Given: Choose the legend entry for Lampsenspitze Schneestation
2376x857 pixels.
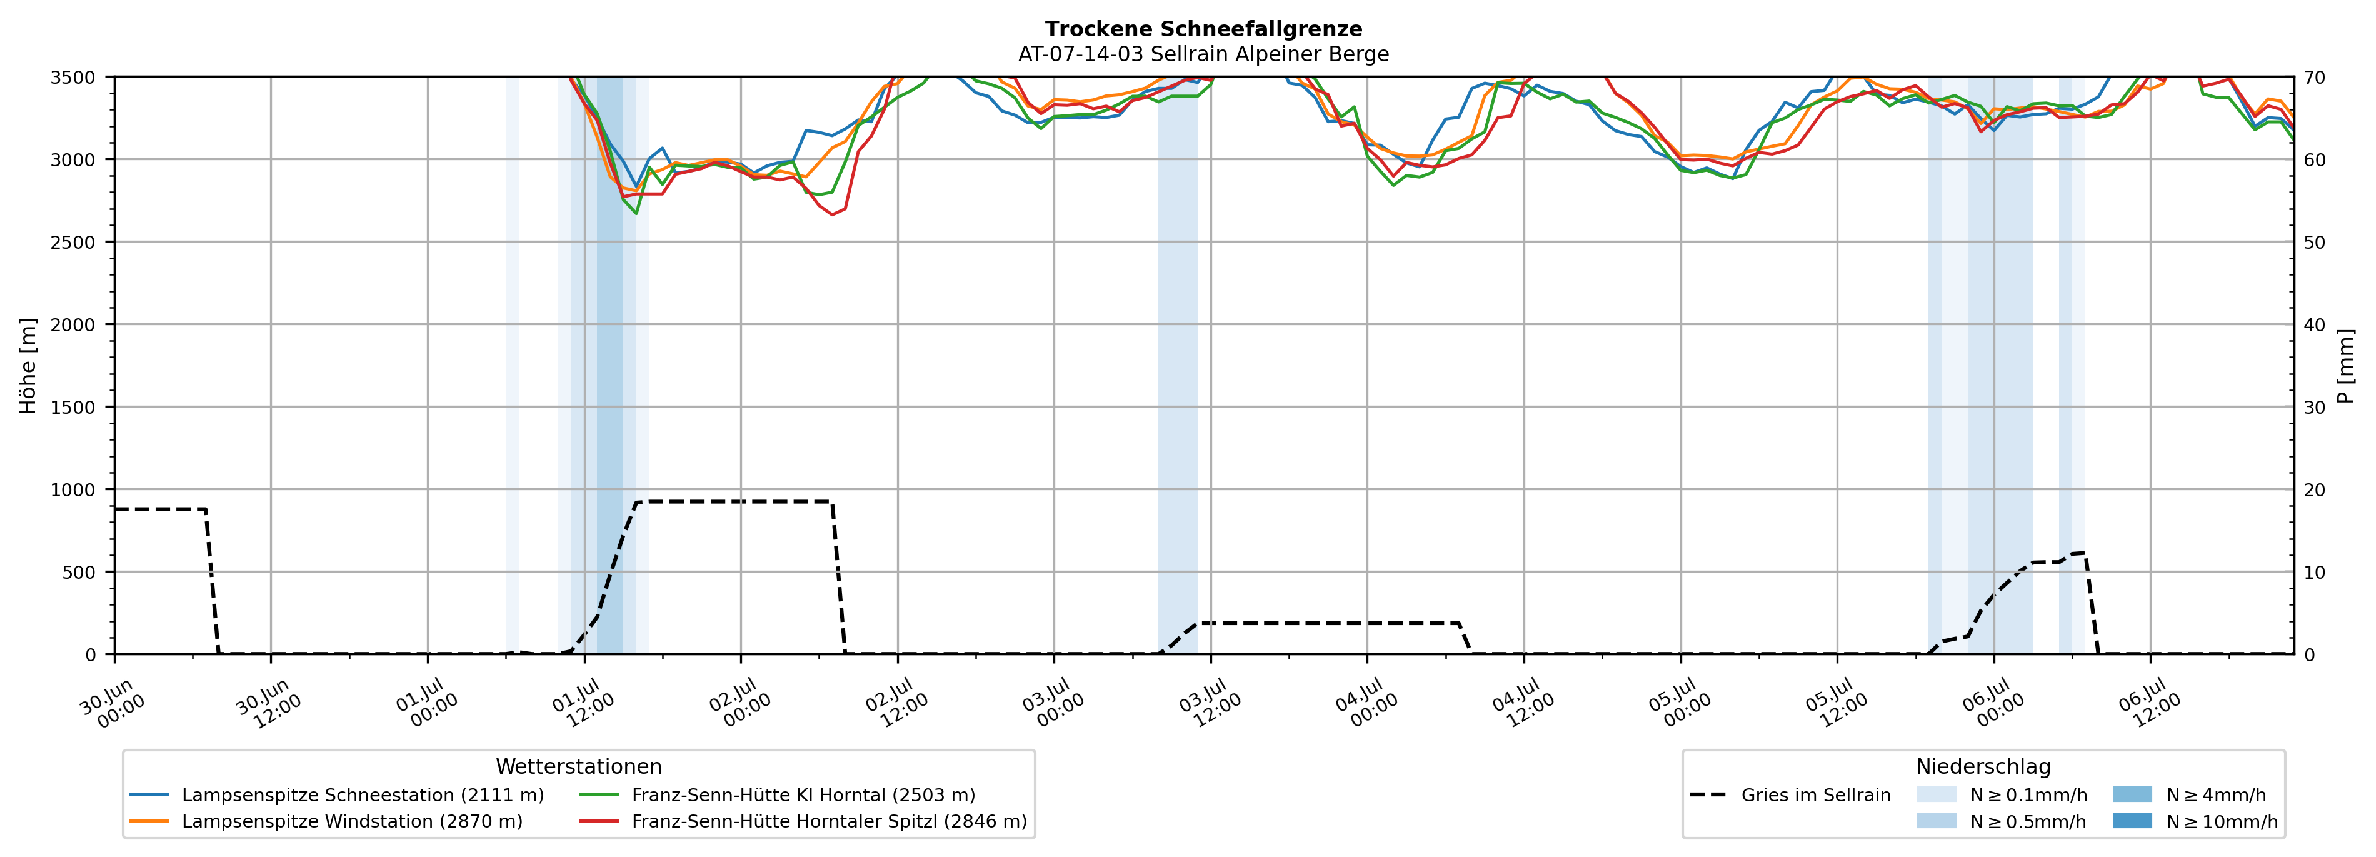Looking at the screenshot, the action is point(338,795).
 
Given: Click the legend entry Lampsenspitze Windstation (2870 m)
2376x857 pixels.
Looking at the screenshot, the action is point(326,821).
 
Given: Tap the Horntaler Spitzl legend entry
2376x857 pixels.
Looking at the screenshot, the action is point(803,821).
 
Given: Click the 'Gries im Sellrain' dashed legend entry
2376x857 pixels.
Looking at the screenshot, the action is point(1790,795).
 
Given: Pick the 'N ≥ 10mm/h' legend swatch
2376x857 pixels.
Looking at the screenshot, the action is point(2132,821).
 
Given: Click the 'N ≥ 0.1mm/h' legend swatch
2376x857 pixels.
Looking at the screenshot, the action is point(1936,795).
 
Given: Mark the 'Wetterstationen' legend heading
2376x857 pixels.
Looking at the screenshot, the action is point(578,766).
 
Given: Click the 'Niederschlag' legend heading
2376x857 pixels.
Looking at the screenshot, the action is point(1983,766).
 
